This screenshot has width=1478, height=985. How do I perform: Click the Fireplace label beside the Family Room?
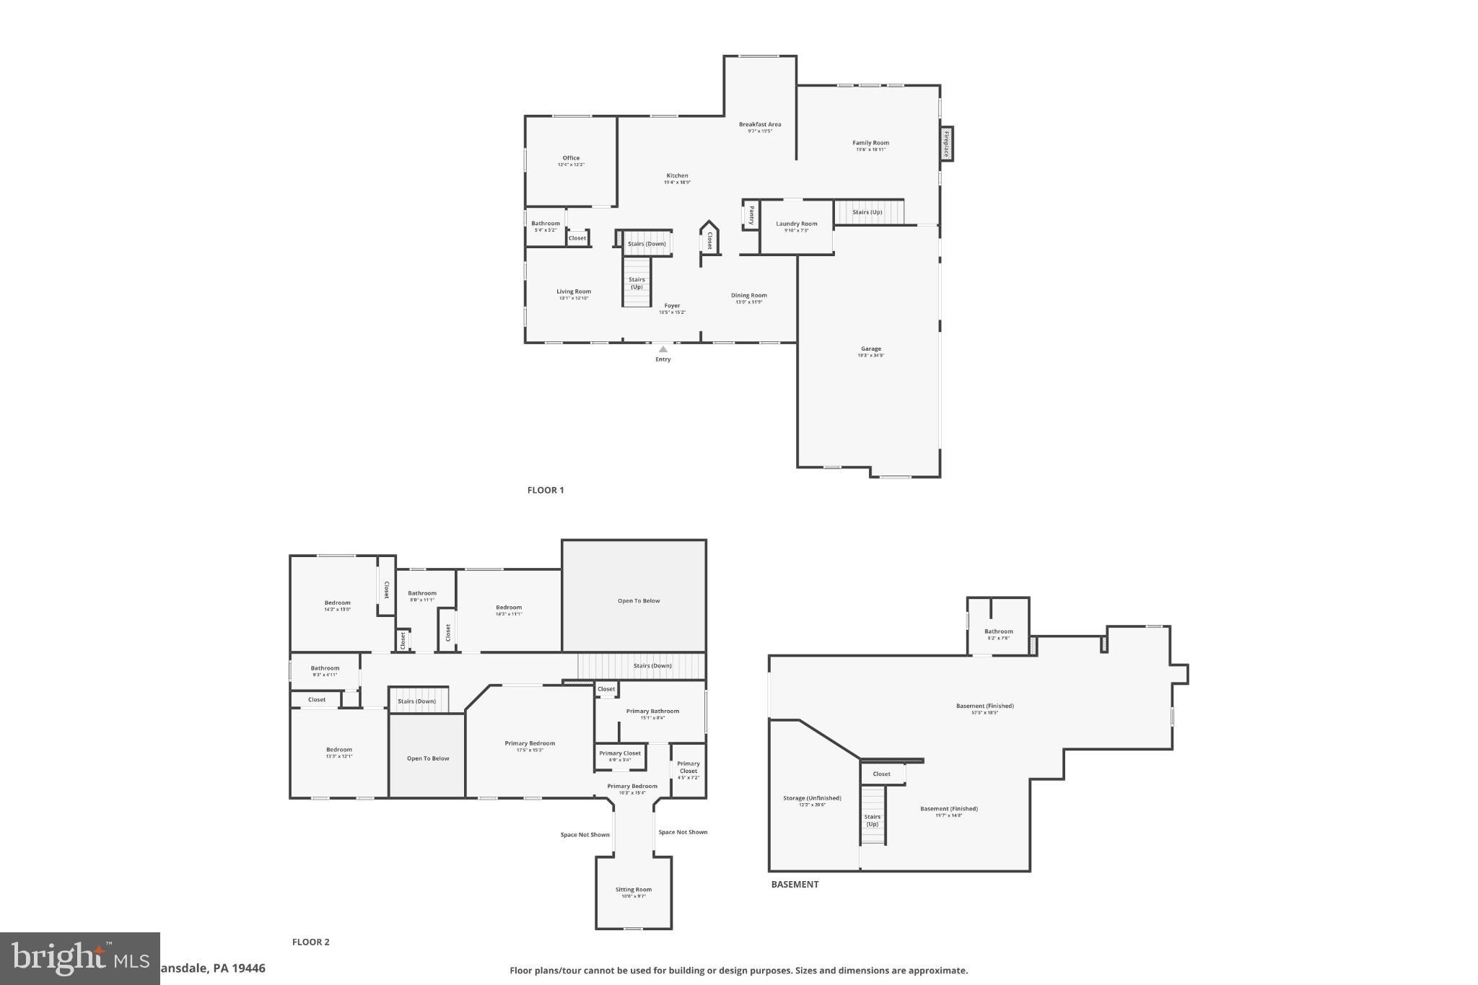coord(946,144)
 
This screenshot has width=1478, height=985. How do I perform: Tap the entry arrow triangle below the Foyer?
coord(663,349)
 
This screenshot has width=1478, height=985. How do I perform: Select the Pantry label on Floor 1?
coord(751,215)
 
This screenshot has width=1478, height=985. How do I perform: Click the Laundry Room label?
coord(797,224)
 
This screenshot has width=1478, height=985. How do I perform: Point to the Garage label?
coord(870,349)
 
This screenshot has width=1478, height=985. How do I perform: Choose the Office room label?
coord(571,158)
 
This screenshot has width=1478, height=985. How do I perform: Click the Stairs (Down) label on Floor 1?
coord(647,244)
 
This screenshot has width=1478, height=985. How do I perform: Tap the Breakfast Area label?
coord(759,124)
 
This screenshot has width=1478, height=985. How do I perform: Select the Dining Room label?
coord(748,295)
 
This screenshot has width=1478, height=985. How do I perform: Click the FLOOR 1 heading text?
coord(545,490)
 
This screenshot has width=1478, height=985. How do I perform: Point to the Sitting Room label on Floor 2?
coord(633,890)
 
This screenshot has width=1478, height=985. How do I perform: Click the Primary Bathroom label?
coord(652,711)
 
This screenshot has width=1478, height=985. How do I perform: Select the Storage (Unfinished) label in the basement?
coord(812,798)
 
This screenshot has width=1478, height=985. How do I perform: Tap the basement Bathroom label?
coord(998,631)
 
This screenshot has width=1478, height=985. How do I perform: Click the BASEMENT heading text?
coord(795,884)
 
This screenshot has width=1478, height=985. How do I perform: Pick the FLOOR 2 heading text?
coord(310,942)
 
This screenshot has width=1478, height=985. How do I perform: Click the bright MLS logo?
coord(79,958)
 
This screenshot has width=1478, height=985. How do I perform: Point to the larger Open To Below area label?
coord(638,600)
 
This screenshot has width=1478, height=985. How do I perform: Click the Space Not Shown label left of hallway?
coord(585,835)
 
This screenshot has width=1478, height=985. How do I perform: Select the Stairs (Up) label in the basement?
coord(872,820)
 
